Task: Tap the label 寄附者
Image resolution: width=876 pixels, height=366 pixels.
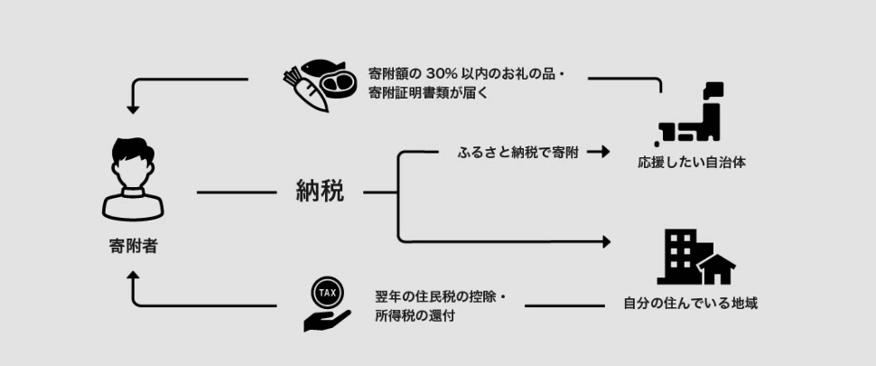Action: pos(133,245)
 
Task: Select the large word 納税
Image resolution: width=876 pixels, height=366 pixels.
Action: pos(320,192)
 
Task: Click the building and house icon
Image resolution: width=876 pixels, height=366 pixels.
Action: pos(694,258)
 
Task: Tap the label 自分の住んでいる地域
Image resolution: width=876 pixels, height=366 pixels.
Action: pos(691,304)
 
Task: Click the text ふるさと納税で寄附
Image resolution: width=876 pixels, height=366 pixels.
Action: pos(517,153)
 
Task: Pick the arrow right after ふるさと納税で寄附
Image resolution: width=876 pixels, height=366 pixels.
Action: pos(598,152)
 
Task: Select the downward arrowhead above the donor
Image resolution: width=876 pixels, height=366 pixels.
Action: pos(134,108)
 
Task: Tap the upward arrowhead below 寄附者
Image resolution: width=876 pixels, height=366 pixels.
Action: pos(134,280)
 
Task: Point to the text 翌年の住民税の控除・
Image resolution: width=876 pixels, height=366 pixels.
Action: pos(442,296)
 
